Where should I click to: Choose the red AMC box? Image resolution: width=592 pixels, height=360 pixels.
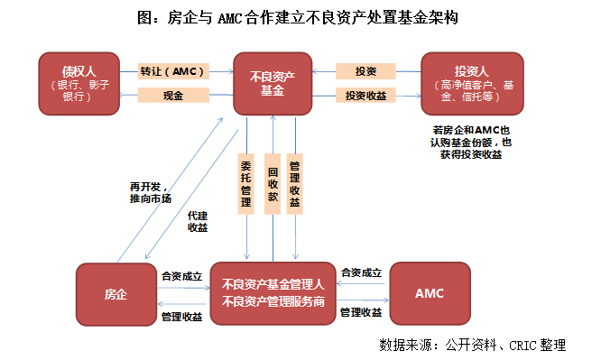(x=430, y=294)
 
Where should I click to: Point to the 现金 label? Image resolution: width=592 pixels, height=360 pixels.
(x=173, y=96)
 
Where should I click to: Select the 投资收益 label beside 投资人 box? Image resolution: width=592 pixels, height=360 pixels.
(x=365, y=96)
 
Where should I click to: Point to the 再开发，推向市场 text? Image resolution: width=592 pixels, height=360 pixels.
(x=150, y=192)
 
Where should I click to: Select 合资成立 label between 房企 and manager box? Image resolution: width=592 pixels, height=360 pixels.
(x=181, y=275)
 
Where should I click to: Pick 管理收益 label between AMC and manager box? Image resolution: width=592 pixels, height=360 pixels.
(x=360, y=312)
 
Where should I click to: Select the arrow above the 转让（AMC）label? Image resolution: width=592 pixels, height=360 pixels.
(x=175, y=60)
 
